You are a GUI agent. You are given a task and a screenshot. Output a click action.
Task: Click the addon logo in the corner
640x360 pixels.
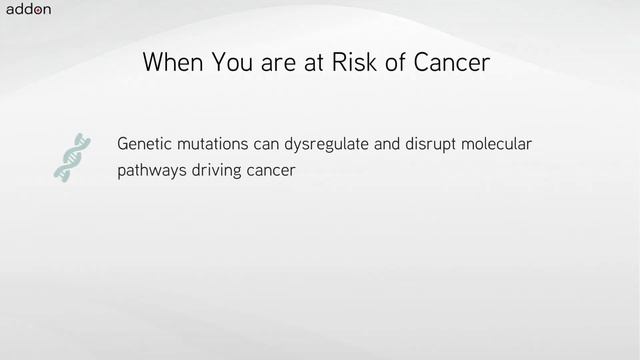coord(28,11)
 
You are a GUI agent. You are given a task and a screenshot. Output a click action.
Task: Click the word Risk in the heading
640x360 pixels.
coord(372,63)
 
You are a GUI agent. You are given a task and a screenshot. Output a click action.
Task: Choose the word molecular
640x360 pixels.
coord(499,144)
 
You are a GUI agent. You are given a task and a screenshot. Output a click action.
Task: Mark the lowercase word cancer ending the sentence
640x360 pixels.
coord(276,171)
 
